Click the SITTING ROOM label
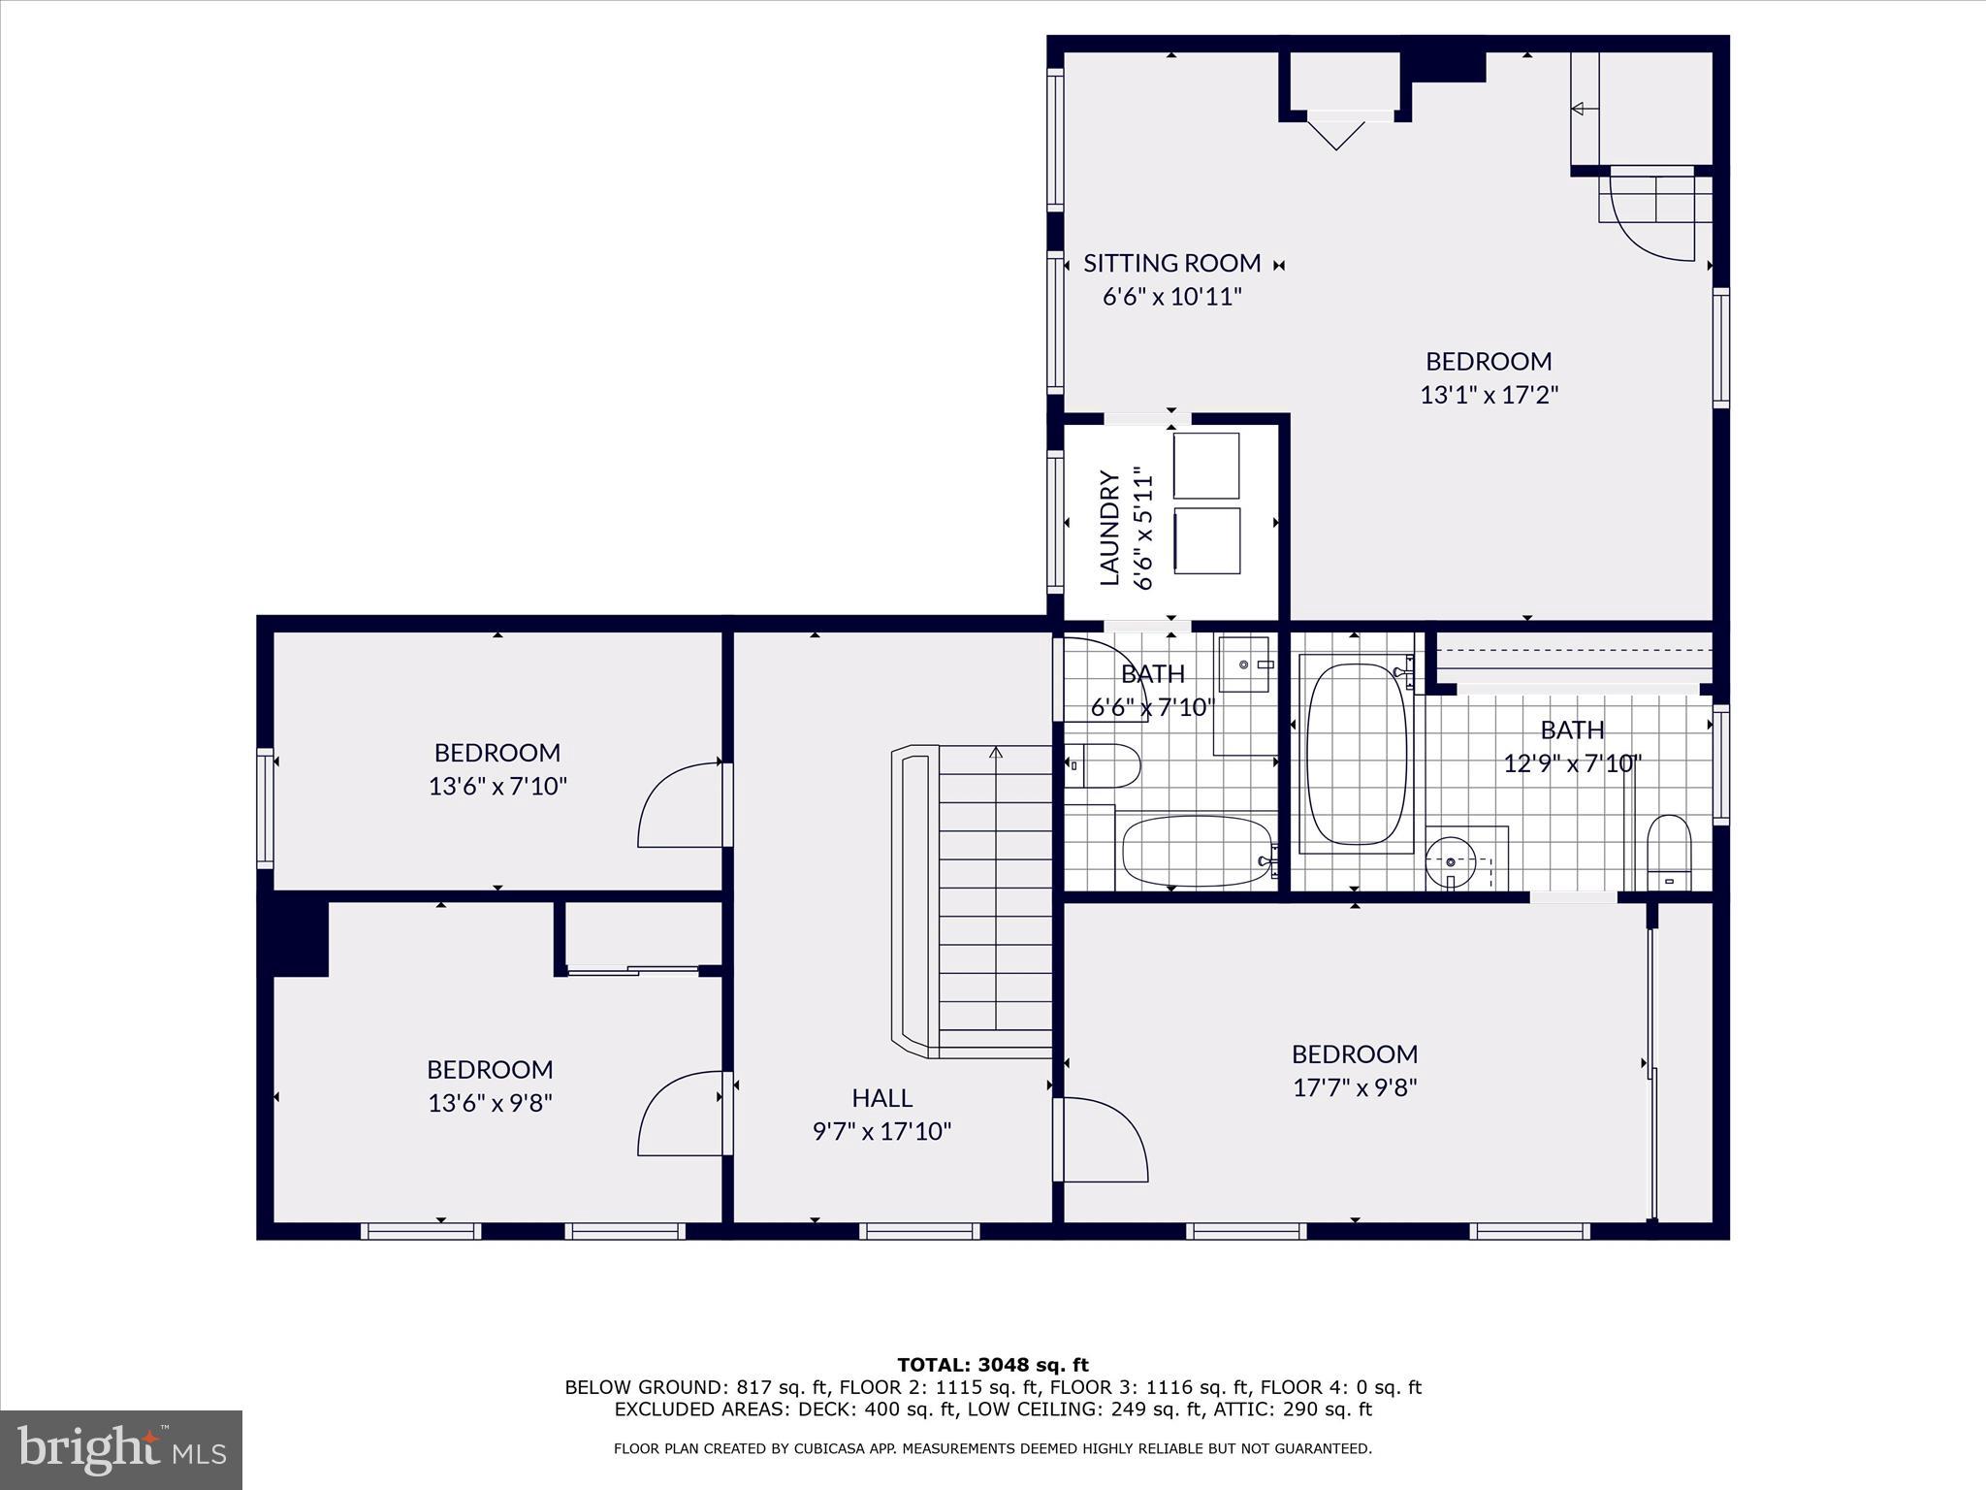click(x=1171, y=263)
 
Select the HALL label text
click(x=881, y=1097)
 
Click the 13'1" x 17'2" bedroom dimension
click(x=1489, y=395)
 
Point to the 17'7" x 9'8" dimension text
click(x=1355, y=1087)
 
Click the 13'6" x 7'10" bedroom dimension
click(x=497, y=786)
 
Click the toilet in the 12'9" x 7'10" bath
click(x=1669, y=852)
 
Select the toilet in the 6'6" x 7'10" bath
click(x=1105, y=766)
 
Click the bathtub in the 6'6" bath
click(x=1197, y=851)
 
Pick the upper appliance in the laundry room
click(x=1206, y=466)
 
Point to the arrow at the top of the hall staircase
click(x=996, y=753)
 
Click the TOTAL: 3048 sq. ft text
click(x=993, y=1365)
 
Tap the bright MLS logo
click(x=121, y=1450)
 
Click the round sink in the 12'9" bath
click(x=1451, y=860)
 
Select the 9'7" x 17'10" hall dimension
click(x=881, y=1131)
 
